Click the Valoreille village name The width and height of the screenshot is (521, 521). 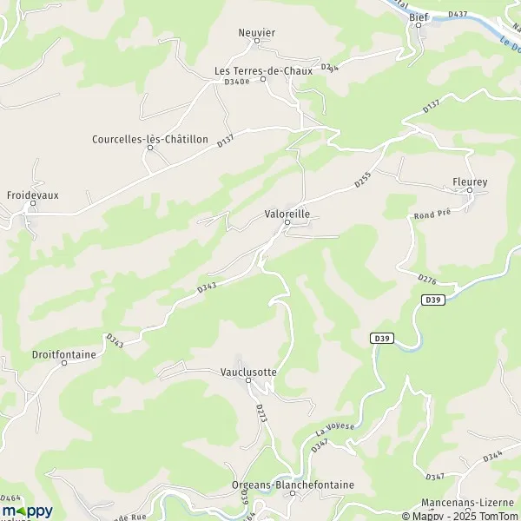(287, 211)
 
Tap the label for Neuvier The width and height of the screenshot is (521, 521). (256, 32)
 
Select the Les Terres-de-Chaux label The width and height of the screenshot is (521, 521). (263, 71)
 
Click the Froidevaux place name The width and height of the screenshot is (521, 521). (33, 195)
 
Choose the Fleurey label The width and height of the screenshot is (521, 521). (470, 181)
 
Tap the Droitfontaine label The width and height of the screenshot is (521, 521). (63, 354)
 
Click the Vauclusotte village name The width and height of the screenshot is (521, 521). (248, 372)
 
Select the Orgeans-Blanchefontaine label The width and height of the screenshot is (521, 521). (293, 485)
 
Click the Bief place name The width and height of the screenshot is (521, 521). (418, 16)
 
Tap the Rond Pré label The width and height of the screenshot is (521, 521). (432, 214)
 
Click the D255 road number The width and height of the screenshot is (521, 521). (363, 180)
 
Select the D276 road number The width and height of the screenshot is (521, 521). (425, 280)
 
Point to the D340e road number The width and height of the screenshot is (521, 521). (236, 82)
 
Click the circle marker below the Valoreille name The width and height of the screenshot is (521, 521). (287, 222)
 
